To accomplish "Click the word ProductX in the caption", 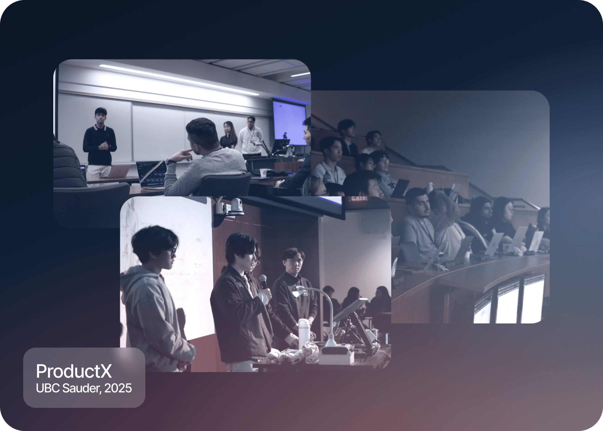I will [74, 371].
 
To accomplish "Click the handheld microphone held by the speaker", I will [263, 281].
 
